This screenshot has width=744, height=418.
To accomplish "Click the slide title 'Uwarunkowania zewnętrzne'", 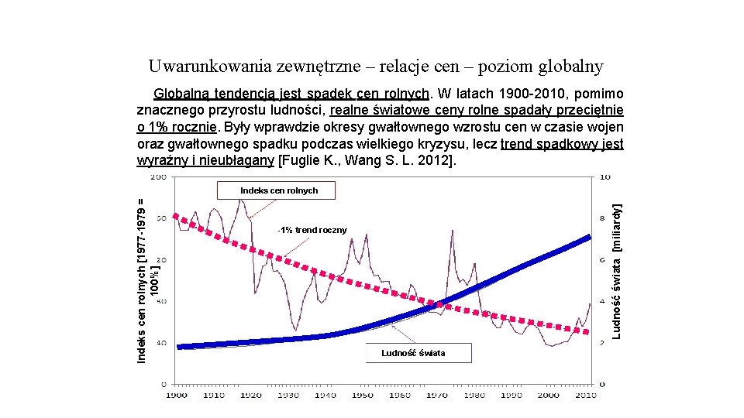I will pos(375,67).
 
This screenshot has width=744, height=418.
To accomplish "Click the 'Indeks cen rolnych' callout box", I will pos(278,190).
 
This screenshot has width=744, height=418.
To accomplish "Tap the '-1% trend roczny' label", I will pos(313,230).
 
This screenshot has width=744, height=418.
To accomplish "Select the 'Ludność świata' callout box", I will pos(413,354).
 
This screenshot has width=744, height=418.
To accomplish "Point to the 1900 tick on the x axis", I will pos(177,396).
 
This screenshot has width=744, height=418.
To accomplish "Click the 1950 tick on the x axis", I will pos(363,396).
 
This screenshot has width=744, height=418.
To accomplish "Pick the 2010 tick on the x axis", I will pos(586,396).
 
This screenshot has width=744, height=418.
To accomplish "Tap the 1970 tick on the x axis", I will pos(437,396).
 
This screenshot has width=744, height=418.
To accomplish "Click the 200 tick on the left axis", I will pos(157,177).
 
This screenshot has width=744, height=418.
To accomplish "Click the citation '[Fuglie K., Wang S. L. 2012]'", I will pos(367,161).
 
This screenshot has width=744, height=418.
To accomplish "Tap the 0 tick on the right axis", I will pos(603,384).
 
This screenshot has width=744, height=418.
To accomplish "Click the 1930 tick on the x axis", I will pos(288,396).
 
